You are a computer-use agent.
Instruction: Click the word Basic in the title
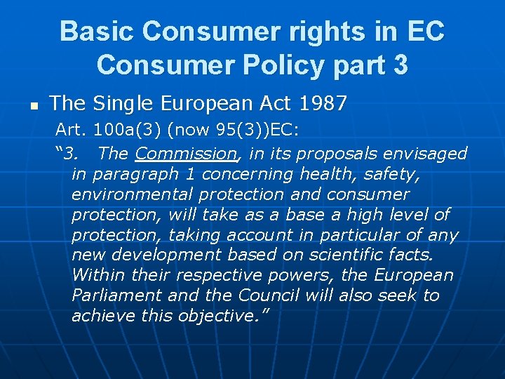tap(97, 32)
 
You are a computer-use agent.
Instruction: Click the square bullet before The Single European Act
tap(32, 107)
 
